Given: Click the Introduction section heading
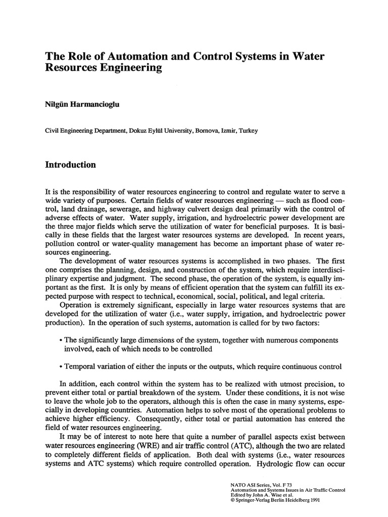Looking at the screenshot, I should [70, 165].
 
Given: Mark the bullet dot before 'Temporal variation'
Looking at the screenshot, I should [61, 367].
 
